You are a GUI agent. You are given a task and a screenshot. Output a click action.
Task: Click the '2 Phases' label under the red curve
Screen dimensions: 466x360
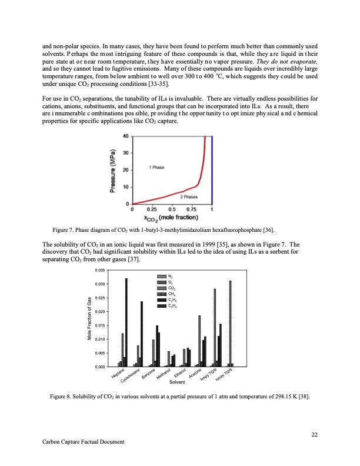pyautogui.click(x=188, y=197)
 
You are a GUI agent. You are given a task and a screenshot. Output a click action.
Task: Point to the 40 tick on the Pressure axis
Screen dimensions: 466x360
pyautogui.click(x=125, y=137)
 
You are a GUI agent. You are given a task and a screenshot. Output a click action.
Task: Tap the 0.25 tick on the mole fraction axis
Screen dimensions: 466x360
pyautogui.click(x=152, y=209)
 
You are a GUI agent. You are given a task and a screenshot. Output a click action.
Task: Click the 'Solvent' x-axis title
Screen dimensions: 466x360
pyautogui.click(x=177, y=382)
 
